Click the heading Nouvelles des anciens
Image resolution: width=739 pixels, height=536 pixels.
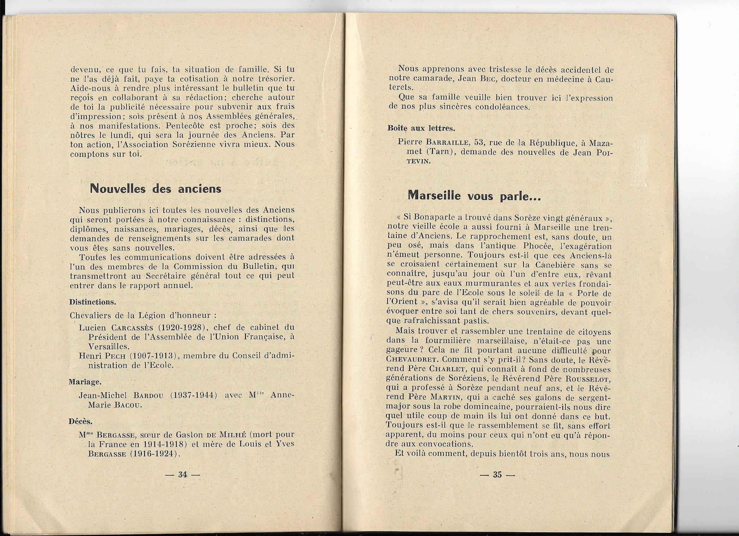(x=156, y=189)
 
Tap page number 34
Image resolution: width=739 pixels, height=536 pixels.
(x=182, y=475)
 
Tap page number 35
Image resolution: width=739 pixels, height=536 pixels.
(x=497, y=474)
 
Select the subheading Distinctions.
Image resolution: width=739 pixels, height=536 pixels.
(x=93, y=302)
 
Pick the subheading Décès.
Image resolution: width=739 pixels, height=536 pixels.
(x=81, y=421)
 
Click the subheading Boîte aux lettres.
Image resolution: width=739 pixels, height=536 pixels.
(x=421, y=128)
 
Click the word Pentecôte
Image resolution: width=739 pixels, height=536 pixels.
(x=184, y=125)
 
